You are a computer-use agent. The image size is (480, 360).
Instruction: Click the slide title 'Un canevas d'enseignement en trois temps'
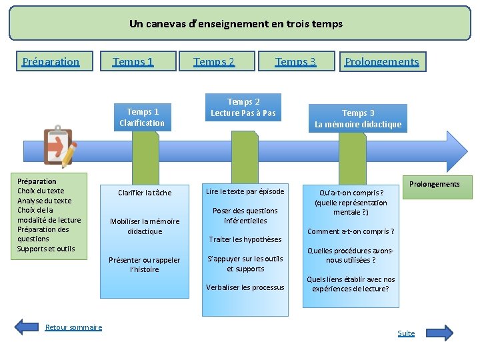(x=236, y=24)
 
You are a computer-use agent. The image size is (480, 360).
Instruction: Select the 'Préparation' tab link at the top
(x=51, y=62)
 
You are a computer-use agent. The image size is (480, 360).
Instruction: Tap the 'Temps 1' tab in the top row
(x=133, y=62)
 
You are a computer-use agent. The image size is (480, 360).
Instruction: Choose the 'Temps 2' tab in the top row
(x=214, y=62)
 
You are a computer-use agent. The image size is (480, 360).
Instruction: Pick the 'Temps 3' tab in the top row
(x=295, y=62)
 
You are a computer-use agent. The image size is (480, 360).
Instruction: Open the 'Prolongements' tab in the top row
(x=382, y=62)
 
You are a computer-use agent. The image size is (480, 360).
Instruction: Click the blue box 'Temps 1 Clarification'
(x=142, y=117)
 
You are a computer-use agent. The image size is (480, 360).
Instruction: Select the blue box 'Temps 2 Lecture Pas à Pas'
(x=243, y=107)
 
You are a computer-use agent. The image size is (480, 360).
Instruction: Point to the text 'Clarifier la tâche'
(x=145, y=193)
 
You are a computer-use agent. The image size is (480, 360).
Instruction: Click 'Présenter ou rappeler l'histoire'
(x=145, y=265)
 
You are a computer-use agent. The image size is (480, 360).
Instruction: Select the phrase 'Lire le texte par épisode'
(x=245, y=191)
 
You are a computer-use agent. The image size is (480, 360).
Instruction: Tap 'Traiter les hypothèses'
(x=245, y=239)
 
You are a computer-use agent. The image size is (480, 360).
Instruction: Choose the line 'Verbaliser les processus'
(x=245, y=287)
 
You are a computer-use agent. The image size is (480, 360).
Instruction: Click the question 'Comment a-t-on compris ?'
(x=351, y=231)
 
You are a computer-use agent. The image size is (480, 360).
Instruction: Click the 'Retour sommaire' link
(x=73, y=327)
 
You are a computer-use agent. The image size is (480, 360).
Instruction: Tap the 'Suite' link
(x=406, y=333)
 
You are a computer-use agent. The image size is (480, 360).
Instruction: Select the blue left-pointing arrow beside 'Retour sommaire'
(x=27, y=327)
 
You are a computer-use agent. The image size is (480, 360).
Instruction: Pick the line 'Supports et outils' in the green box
(x=46, y=249)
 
